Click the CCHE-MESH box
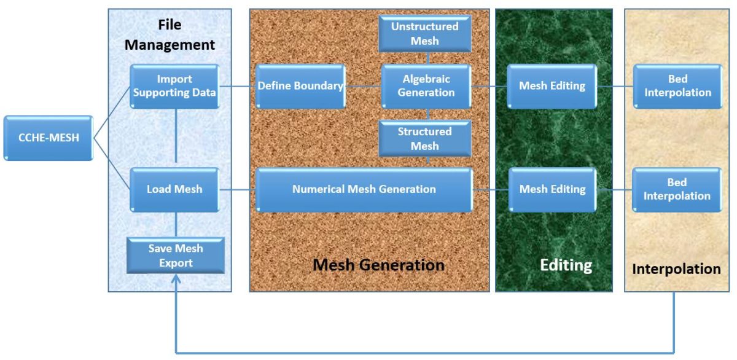tap(48, 138)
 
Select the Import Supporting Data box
tap(174, 86)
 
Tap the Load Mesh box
tap(174, 189)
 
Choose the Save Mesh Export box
tap(176, 256)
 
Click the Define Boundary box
tap(300, 86)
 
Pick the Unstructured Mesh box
tap(425, 34)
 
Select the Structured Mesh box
tap(425, 138)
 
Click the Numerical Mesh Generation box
tap(364, 189)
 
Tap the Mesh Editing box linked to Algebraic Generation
tap(552, 86)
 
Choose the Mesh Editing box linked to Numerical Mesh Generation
tap(552, 189)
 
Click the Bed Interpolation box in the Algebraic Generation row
tap(677, 86)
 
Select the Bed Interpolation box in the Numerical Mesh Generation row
tap(677, 189)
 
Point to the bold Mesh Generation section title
tap(378, 265)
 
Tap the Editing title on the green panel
tap(566, 265)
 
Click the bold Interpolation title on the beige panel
tap(676, 269)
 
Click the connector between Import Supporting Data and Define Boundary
tap(237, 86)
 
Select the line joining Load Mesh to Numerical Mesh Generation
tap(237, 189)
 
